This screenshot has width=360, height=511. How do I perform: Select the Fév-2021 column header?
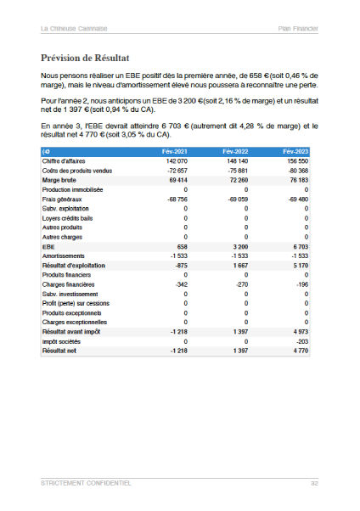coord(175,150)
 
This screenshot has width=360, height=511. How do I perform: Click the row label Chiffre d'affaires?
coord(66,160)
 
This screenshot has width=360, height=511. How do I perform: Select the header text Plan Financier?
coord(298,28)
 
